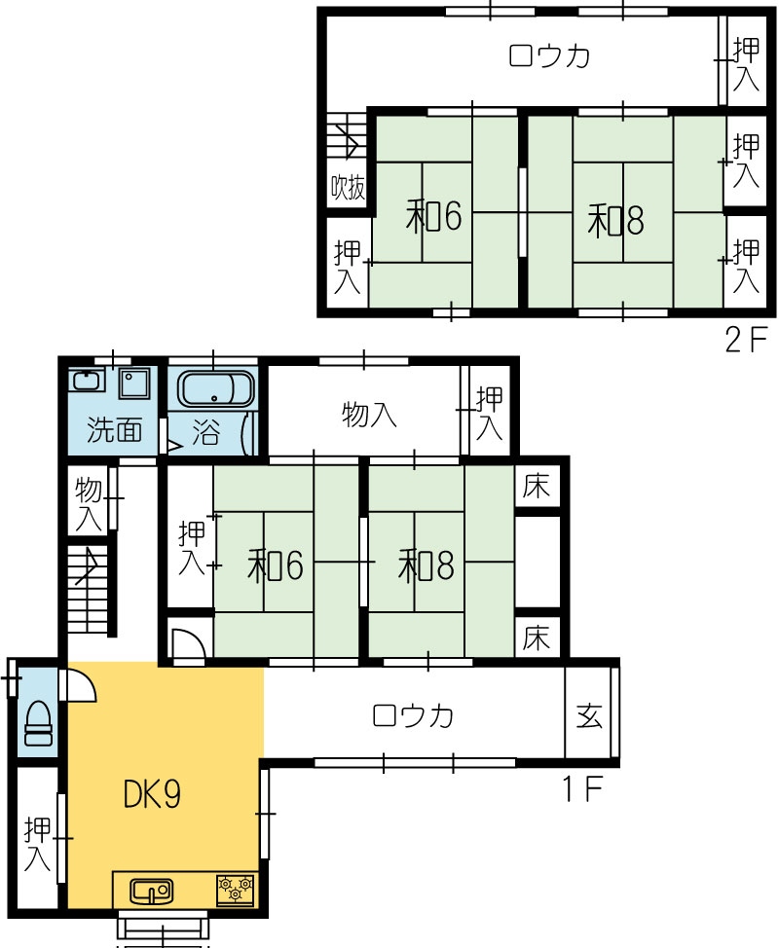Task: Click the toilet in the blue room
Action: click(x=38, y=724)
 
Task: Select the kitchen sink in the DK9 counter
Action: click(x=151, y=892)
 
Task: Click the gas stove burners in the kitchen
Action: click(x=236, y=890)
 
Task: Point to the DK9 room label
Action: click(x=152, y=794)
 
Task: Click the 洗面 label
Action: click(x=114, y=430)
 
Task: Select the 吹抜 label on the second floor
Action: click(x=348, y=187)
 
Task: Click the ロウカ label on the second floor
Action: click(x=549, y=56)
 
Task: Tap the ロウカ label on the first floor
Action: click(x=413, y=715)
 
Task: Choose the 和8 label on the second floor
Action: click(x=615, y=220)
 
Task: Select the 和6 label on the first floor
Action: click(x=276, y=565)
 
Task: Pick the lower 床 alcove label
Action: click(x=537, y=638)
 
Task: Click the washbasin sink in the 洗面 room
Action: click(x=87, y=381)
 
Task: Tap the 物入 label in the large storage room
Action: click(x=369, y=416)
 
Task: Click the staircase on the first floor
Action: click(x=89, y=590)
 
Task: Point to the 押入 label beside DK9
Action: click(x=37, y=844)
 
